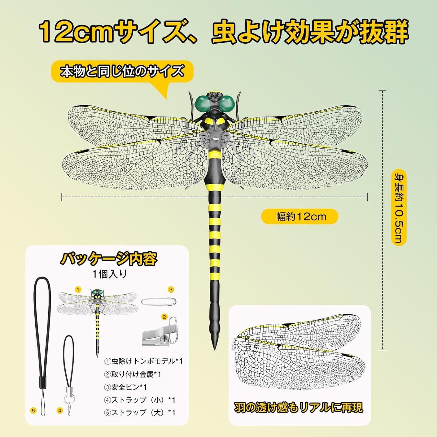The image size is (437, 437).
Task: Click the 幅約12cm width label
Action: pos(300,217)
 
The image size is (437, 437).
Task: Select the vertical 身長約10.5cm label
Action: pos(398,207)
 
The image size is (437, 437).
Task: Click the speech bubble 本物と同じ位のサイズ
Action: pos(122,71)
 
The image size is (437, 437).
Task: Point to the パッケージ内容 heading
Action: pos(108,259)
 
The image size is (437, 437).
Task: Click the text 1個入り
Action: pos(110,274)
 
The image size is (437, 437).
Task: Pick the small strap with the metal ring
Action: pos(69,372)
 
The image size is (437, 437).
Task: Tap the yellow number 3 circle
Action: pos(171,289)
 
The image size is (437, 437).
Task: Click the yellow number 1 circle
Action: pos(78,289)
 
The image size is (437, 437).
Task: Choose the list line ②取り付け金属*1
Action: pos(132,374)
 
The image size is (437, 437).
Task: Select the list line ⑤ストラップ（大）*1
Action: pos(140,412)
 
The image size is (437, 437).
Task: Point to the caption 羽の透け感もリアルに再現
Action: pos(298,407)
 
